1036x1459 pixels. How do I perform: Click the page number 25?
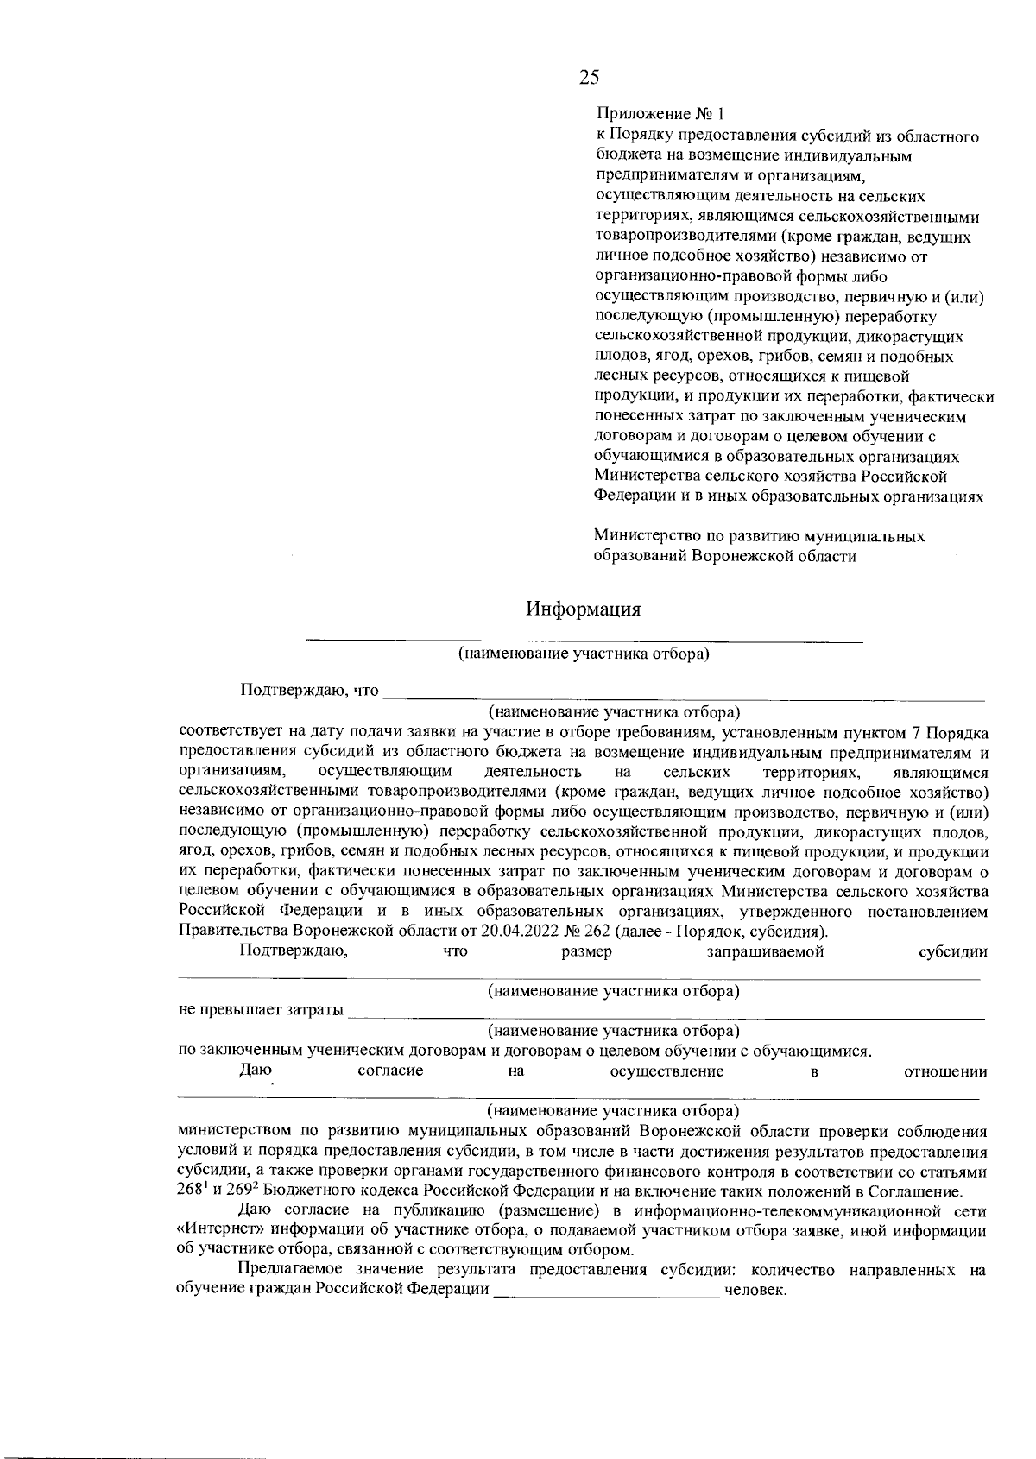(x=589, y=78)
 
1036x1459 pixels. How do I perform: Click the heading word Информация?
(x=584, y=609)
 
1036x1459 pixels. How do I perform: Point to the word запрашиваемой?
(x=765, y=951)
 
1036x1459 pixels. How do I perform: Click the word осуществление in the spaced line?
(x=666, y=1071)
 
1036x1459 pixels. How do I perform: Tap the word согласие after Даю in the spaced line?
(x=390, y=1071)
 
